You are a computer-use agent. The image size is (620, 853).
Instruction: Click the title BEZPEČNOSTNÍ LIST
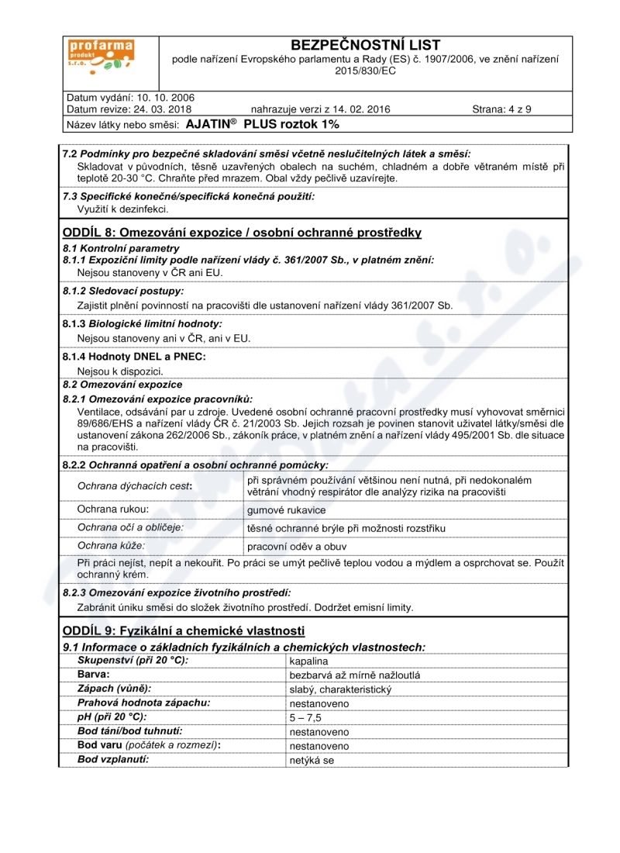(365, 46)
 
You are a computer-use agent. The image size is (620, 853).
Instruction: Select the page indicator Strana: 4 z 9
(501, 109)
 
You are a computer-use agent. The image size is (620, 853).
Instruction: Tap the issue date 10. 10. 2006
(166, 98)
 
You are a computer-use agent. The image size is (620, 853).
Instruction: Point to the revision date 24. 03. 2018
(170, 109)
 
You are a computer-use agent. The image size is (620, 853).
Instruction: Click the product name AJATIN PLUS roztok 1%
(263, 123)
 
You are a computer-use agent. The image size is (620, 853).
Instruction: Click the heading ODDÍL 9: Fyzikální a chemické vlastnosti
(184, 630)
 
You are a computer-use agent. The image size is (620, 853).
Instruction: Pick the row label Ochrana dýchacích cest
(135, 487)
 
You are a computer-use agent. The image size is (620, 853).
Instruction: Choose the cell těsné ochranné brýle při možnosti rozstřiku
(346, 528)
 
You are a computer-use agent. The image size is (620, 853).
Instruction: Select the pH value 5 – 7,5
(305, 718)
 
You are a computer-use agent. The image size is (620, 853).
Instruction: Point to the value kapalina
(308, 661)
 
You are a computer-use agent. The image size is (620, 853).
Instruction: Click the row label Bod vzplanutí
(113, 759)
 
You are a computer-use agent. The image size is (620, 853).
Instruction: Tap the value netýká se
(312, 761)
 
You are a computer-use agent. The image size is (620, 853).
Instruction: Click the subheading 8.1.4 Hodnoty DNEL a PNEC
(134, 357)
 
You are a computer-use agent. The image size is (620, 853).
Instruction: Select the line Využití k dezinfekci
(123, 209)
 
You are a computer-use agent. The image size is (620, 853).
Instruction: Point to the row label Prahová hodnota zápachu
(144, 703)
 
